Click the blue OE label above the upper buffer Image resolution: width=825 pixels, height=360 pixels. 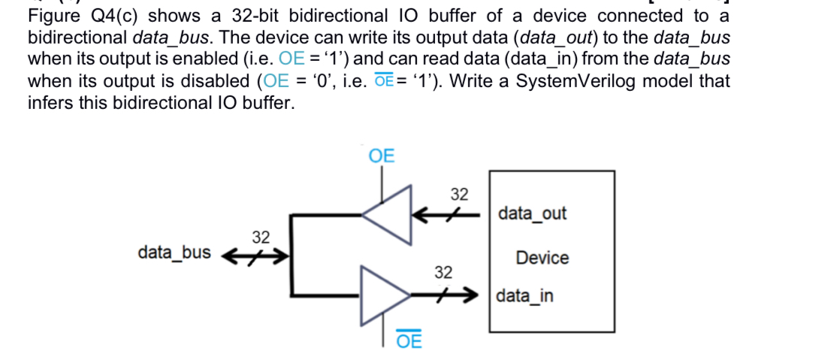pos(382,156)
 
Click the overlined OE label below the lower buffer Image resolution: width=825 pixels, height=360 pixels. pos(409,340)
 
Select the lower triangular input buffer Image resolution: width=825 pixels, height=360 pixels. pos(386,294)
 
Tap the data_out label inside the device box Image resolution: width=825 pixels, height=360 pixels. pos(532,213)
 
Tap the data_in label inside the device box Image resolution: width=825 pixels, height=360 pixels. pos(525,295)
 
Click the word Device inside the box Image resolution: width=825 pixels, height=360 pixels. pos(542,258)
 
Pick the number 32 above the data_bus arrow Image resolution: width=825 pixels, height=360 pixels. pos(260,237)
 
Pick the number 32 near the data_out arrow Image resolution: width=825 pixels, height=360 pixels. pos(460,195)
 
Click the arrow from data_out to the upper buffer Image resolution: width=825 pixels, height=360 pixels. pos(451,214)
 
